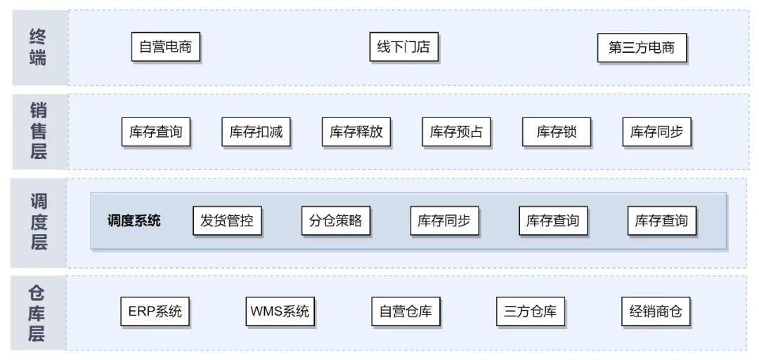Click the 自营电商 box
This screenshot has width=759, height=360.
[165, 48]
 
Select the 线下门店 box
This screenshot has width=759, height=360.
[403, 48]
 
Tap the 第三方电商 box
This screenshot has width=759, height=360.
[641, 48]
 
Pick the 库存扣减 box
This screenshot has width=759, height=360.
[256, 131]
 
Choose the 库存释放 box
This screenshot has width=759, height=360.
[356, 131]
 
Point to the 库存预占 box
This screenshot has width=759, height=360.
[456, 131]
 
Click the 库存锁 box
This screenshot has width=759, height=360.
[557, 131]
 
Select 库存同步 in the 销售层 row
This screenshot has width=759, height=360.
[656, 131]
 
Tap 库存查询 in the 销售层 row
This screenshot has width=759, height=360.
[156, 131]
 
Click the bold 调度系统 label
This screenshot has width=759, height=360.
[134, 221]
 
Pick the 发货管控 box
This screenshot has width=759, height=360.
[226, 221]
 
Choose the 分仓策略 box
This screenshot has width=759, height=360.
[335, 221]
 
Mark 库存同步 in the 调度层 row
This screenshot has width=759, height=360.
[444, 221]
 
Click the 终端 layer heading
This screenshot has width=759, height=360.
[38, 47]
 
